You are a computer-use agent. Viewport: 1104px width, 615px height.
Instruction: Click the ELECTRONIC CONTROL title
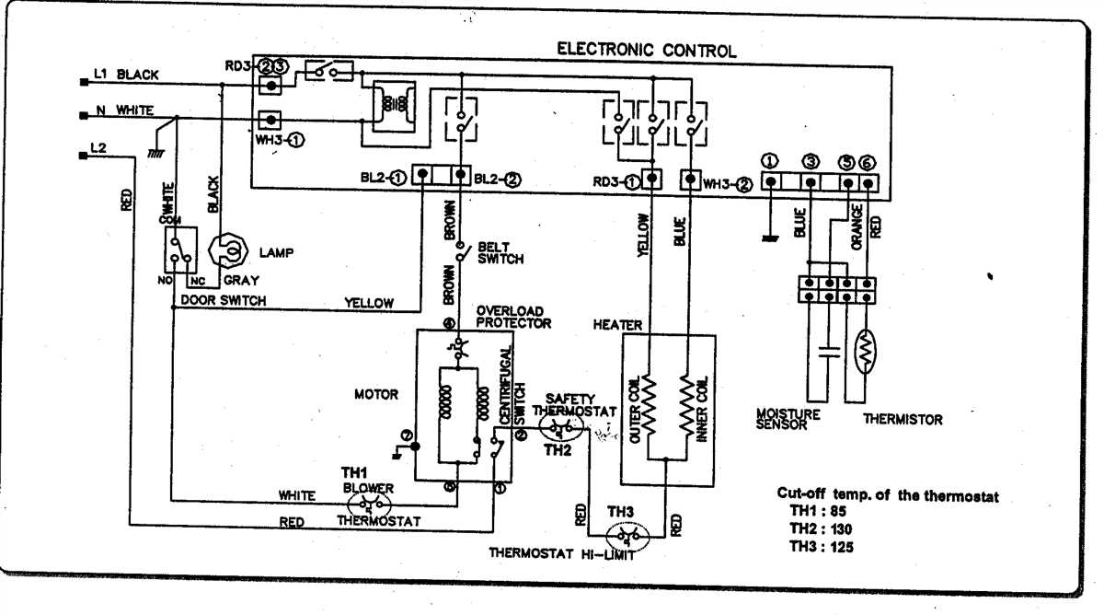click(647, 51)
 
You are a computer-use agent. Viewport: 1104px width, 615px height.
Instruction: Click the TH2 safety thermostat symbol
click(560, 430)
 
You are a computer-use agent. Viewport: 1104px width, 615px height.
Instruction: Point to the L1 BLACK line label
click(127, 74)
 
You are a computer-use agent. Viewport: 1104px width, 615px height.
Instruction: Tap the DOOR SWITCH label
click(223, 301)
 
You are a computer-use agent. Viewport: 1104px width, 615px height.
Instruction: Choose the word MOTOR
click(376, 394)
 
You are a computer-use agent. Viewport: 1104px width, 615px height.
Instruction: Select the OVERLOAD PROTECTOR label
click(513, 317)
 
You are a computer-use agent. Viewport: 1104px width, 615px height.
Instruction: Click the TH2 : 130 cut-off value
click(822, 528)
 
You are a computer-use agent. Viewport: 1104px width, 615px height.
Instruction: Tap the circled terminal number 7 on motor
click(406, 434)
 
